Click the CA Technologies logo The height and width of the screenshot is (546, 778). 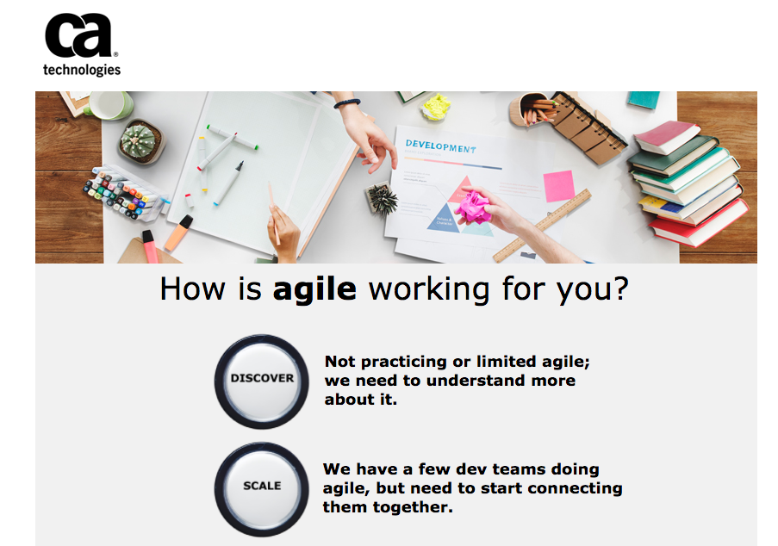[82, 45]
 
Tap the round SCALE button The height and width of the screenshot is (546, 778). [261, 489]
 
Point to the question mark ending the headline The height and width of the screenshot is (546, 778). [620, 289]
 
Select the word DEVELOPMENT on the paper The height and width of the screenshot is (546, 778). [440, 146]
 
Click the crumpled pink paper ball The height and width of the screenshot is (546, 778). [473, 208]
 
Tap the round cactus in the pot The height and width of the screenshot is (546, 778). [139, 140]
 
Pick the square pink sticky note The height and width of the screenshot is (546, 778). [558, 186]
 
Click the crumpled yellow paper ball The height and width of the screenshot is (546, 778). [436, 107]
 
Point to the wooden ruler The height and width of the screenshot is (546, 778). [542, 226]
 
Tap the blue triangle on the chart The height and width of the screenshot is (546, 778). [444, 219]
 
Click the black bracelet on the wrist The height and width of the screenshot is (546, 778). [347, 103]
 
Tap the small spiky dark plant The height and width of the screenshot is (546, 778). [382, 199]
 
